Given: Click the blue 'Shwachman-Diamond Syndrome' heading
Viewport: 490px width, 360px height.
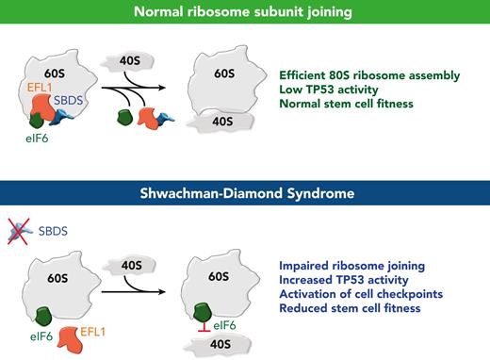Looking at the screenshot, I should tap(244, 193).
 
